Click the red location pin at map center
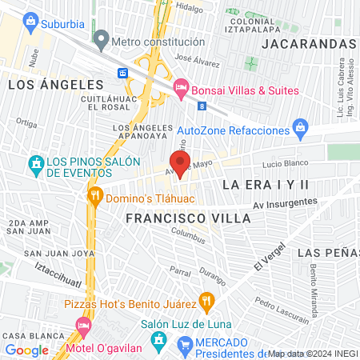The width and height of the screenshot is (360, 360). (180, 163)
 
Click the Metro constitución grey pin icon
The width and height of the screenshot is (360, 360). (101, 38)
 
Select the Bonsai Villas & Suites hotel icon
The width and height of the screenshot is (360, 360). (180, 89)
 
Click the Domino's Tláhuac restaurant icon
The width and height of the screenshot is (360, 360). (95, 195)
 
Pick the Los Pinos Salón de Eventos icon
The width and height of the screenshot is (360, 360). (35, 165)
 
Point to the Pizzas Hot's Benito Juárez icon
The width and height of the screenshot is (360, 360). (207, 302)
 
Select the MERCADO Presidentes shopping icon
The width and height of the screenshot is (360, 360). (186, 346)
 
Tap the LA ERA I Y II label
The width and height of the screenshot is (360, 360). (266, 184)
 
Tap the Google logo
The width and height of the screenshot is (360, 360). (27, 350)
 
